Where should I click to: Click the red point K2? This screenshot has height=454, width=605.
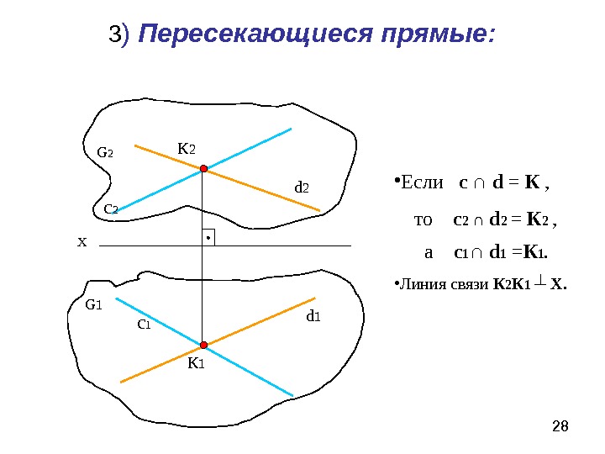point(203,169)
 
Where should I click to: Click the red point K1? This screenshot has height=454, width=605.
point(203,345)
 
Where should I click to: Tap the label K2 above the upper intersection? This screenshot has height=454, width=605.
point(186,149)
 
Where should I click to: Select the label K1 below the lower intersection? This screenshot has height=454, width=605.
point(196,363)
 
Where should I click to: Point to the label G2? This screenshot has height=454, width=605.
point(105,153)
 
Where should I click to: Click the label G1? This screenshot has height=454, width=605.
point(92,305)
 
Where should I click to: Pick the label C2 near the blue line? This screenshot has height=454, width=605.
point(110,207)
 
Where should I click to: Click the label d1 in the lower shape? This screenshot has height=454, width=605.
point(313,316)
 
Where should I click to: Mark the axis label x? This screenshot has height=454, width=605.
point(82,242)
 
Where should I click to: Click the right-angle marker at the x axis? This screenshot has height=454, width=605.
point(208,238)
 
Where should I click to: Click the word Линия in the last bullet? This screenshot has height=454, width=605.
point(418,283)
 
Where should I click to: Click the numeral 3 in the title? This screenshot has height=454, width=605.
point(114,35)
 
